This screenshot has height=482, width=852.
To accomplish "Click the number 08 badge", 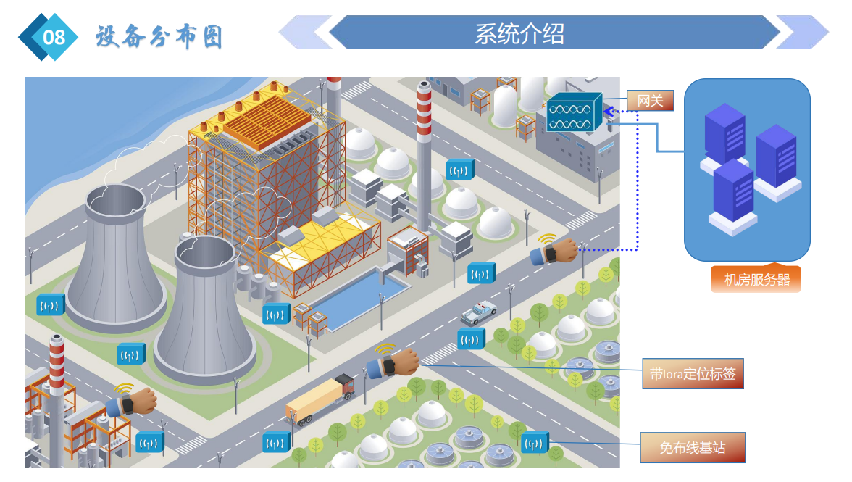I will click(x=54, y=36).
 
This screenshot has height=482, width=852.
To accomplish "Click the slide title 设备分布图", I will click(x=159, y=36).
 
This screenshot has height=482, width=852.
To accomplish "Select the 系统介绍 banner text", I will click(x=519, y=33).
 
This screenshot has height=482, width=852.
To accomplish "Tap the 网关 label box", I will click(x=650, y=100).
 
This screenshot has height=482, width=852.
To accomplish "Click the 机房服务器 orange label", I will click(x=756, y=279).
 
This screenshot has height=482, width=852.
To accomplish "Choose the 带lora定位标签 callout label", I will click(x=693, y=374).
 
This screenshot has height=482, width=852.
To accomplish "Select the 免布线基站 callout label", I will click(x=693, y=447).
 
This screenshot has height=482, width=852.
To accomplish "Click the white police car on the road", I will click(x=479, y=312).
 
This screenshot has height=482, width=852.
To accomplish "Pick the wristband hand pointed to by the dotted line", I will click(x=556, y=252).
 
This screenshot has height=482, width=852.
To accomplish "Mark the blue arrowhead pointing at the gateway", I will click(x=609, y=111).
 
